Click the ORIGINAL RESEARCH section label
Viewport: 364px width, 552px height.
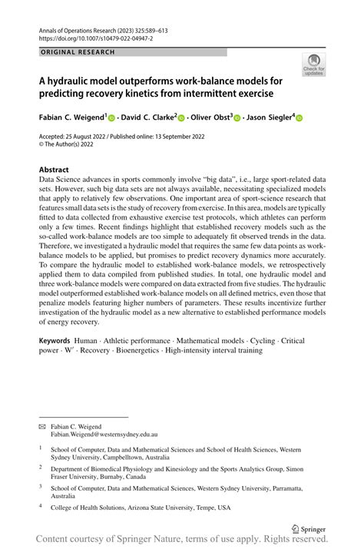tap(77, 52)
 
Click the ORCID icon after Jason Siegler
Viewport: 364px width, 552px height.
tap(299, 118)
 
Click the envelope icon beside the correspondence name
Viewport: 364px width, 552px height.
tap(42, 425)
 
